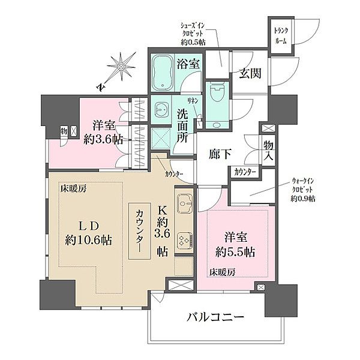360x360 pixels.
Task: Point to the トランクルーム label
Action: pyautogui.click(x=281, y=35)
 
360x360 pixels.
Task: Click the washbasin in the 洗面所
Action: pyautogui.click(x=161, y=110)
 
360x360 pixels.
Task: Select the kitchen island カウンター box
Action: pyautogui.click(x=140, y=231)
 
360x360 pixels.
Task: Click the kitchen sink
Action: pyautogui.click(x=184, y=205)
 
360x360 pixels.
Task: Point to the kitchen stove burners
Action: pyautogui.click(x=184, y=239)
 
